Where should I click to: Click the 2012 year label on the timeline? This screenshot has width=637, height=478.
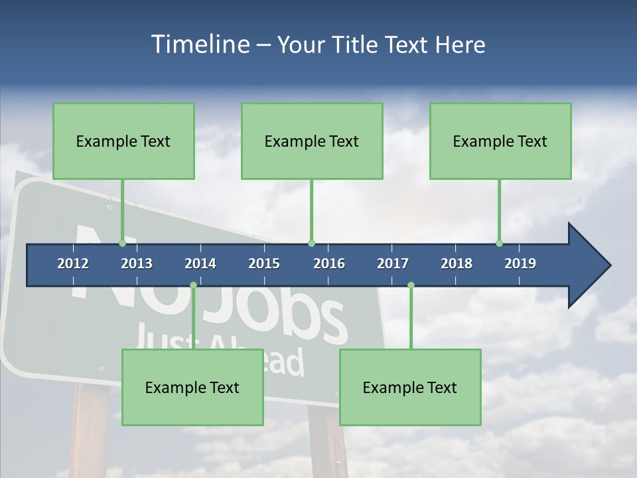click(73, 264)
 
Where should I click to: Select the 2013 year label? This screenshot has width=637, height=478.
click(137, 264)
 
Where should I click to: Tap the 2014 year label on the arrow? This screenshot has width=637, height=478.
click(200, 264)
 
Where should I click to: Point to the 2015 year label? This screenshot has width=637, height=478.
click(264, 264)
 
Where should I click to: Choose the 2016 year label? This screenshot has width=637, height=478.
click(329, 264)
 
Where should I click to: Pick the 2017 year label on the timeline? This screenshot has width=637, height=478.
click(393, 264)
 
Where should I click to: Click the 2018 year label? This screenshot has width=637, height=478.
click(457, 264)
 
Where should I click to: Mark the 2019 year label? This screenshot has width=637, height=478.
click(520, 264)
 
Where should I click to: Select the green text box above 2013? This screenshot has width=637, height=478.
click(123, 141)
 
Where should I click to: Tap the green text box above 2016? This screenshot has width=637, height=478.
click(312, 141)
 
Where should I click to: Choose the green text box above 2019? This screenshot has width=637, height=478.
click(500, 141)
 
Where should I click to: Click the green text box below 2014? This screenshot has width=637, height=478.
click(192, 387)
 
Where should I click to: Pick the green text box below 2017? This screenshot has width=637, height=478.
click(410, 387)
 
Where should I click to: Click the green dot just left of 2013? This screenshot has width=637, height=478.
click(122, 243)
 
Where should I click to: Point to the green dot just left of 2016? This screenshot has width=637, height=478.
click(311, 243)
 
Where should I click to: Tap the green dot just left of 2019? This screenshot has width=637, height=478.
click(499, 243)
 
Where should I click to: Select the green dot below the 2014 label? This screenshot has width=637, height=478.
click(193, 285)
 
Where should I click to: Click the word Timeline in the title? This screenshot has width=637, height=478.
click(199, 44)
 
